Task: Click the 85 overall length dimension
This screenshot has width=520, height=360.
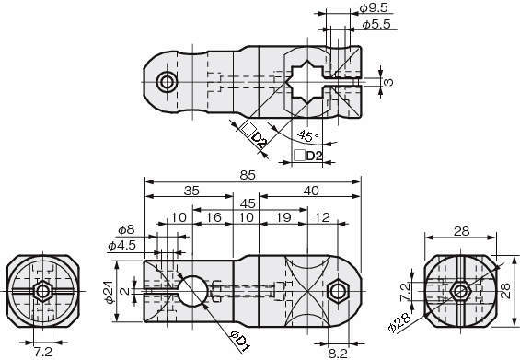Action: pyautogui.click(x=248, y=175)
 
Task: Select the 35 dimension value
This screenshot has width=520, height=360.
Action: pyautogui.click(x=191, y=191)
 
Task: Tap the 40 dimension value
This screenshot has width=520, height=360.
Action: pyautogui.click(x=311, y=191)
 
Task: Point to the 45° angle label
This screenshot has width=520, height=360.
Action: pyautogui.click(x=308, y=135)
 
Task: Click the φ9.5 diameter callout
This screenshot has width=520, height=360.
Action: pyautogui.click(x=374, y=7)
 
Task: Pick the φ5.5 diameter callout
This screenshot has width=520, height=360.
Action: pyautogui.click(x=376, y=24)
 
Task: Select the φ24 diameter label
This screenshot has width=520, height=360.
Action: pyautogui.click(x=110, y=292)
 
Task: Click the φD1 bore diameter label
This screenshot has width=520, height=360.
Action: pyautogui.click(x=239, y=342)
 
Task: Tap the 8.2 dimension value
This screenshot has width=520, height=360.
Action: pyautogui.click(x=338, y=354)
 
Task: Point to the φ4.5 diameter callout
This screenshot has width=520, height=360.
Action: pyautogui.click(x=122, y=246)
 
